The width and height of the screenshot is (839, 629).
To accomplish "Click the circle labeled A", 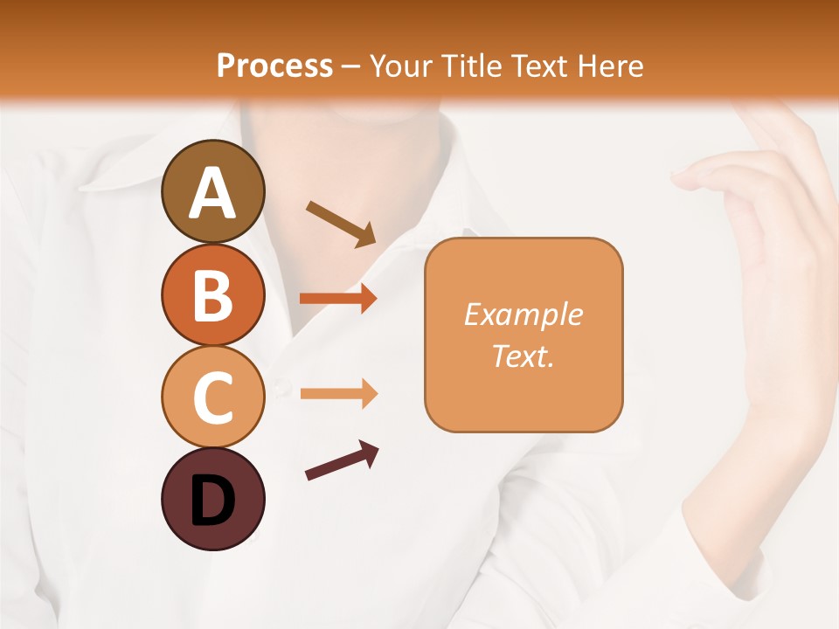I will point(212,191).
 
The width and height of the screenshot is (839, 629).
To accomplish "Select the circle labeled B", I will point(212,294).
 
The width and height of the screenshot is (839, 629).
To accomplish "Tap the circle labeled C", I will point(212,397).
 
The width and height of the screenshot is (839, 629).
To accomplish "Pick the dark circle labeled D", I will point(212,499).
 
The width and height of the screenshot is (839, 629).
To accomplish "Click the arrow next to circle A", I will point(341,224).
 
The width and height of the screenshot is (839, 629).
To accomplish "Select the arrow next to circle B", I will point(338,298).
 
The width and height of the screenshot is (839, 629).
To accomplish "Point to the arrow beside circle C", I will point(338,394).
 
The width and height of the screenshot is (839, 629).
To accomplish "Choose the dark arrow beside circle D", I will point(342,460).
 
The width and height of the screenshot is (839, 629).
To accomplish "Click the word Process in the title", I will point(274,66).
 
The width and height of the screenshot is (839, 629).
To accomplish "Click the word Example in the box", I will point(523,314).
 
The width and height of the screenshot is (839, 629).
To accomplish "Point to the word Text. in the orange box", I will point(523,356).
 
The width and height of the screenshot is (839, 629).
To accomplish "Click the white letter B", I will point(212,295).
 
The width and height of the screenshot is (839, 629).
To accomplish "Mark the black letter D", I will point(212,501).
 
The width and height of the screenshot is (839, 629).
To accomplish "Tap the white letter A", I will point(212,193).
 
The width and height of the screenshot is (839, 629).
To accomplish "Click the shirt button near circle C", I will point(281,385).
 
